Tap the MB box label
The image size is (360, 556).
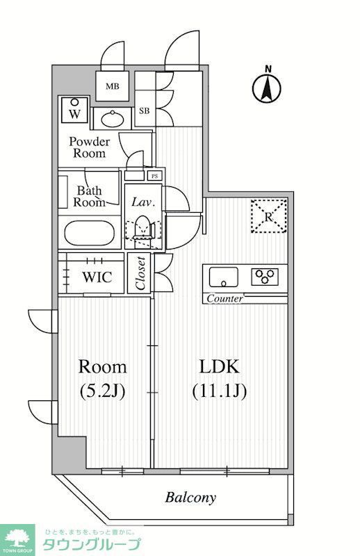(111, 87)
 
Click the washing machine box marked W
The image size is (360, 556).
(74, 110)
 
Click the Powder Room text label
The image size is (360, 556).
(90, 147)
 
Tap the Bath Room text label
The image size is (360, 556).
(90, 196)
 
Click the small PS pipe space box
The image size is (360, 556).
(154, 176)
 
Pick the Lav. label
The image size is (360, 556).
(144, 202)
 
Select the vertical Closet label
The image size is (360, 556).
(140, 274)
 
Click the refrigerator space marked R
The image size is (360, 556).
(268, 215)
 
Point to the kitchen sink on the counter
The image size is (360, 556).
(223, 277)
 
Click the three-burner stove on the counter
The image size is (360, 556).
(265, 277)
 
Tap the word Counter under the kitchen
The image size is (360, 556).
(224, 299)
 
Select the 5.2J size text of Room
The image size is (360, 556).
(102, 391)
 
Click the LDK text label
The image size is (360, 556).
(220, 367)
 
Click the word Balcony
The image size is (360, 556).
(190, 498)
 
